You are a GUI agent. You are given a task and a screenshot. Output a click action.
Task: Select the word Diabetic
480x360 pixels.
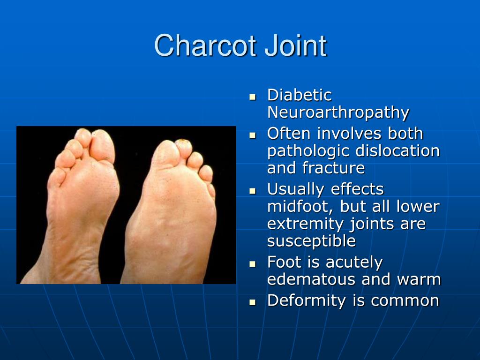[299, 95]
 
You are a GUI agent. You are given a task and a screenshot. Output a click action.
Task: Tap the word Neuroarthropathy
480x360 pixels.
[338, 112]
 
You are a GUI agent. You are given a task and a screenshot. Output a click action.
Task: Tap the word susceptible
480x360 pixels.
[311, 241]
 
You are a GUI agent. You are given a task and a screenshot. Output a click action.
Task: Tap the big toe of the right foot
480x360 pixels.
[166, 152]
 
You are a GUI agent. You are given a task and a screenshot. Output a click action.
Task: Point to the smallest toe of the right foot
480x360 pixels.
[210, 190]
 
